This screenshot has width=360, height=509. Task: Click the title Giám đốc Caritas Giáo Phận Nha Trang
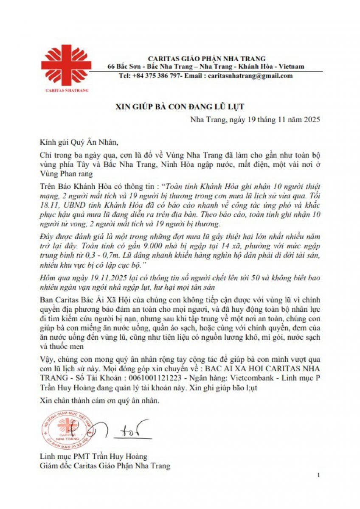tap(104, 466)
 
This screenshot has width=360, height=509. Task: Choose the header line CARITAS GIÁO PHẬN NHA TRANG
tap(206, 59)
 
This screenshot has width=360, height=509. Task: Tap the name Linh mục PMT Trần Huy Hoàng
tap(93, 456)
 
